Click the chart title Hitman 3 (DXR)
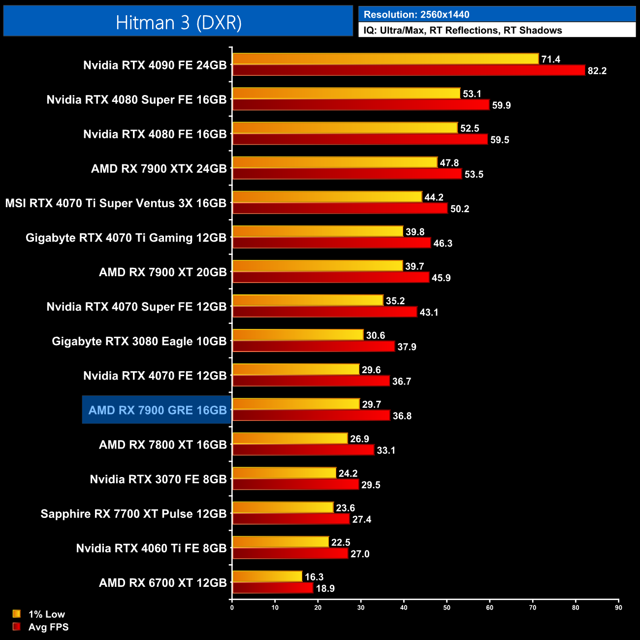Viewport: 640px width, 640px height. [178, 23]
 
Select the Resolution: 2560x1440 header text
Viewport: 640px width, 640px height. [416, 15]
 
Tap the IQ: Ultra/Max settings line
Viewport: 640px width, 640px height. [463, 31]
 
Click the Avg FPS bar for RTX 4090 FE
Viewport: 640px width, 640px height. [409, 70]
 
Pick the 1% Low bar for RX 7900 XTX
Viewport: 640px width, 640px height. [335, 162]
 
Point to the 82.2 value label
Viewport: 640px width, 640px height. [597, 71]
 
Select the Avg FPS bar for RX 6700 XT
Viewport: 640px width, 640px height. [273, 588]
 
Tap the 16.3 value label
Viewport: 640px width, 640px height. [314, 577]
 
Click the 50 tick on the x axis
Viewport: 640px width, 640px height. [447, 608]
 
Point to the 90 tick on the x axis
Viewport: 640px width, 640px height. [618, 608]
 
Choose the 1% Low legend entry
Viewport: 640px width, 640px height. [39, 614]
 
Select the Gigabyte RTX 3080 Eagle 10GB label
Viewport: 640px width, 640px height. [139, 341]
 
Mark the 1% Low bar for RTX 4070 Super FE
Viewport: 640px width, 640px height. [308, 300]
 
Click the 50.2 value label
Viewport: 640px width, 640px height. [459, 209]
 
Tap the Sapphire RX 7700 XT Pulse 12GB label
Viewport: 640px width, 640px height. [133, 513]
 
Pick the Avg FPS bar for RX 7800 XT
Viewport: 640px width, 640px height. [303, 450]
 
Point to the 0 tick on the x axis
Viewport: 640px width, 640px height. [232, 608]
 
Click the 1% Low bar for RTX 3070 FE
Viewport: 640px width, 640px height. [284, 473]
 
